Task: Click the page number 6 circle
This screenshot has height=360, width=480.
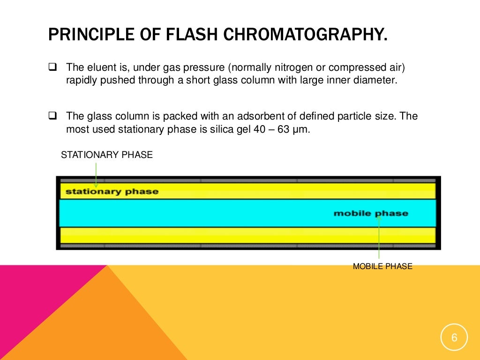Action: pyautogui.click(x=454, y=337)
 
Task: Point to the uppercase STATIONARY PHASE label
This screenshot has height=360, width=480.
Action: pyautogui.click(x=107, y=155)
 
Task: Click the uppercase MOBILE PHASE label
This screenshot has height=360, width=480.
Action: pyautogui.click(x=382, y=267)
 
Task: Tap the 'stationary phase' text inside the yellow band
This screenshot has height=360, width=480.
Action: pyautogui.click(x=112, y=191)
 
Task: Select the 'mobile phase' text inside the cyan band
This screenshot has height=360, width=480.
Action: pyautogui.click(x=370, y=213)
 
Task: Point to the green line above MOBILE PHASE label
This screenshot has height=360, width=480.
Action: pyautogui.click(x=379, y=239)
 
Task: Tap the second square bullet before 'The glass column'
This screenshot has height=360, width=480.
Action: pyautogui.click(x=52, y=116)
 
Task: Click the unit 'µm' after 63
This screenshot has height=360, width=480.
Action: pyautogui.click(x=302, y=129)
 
